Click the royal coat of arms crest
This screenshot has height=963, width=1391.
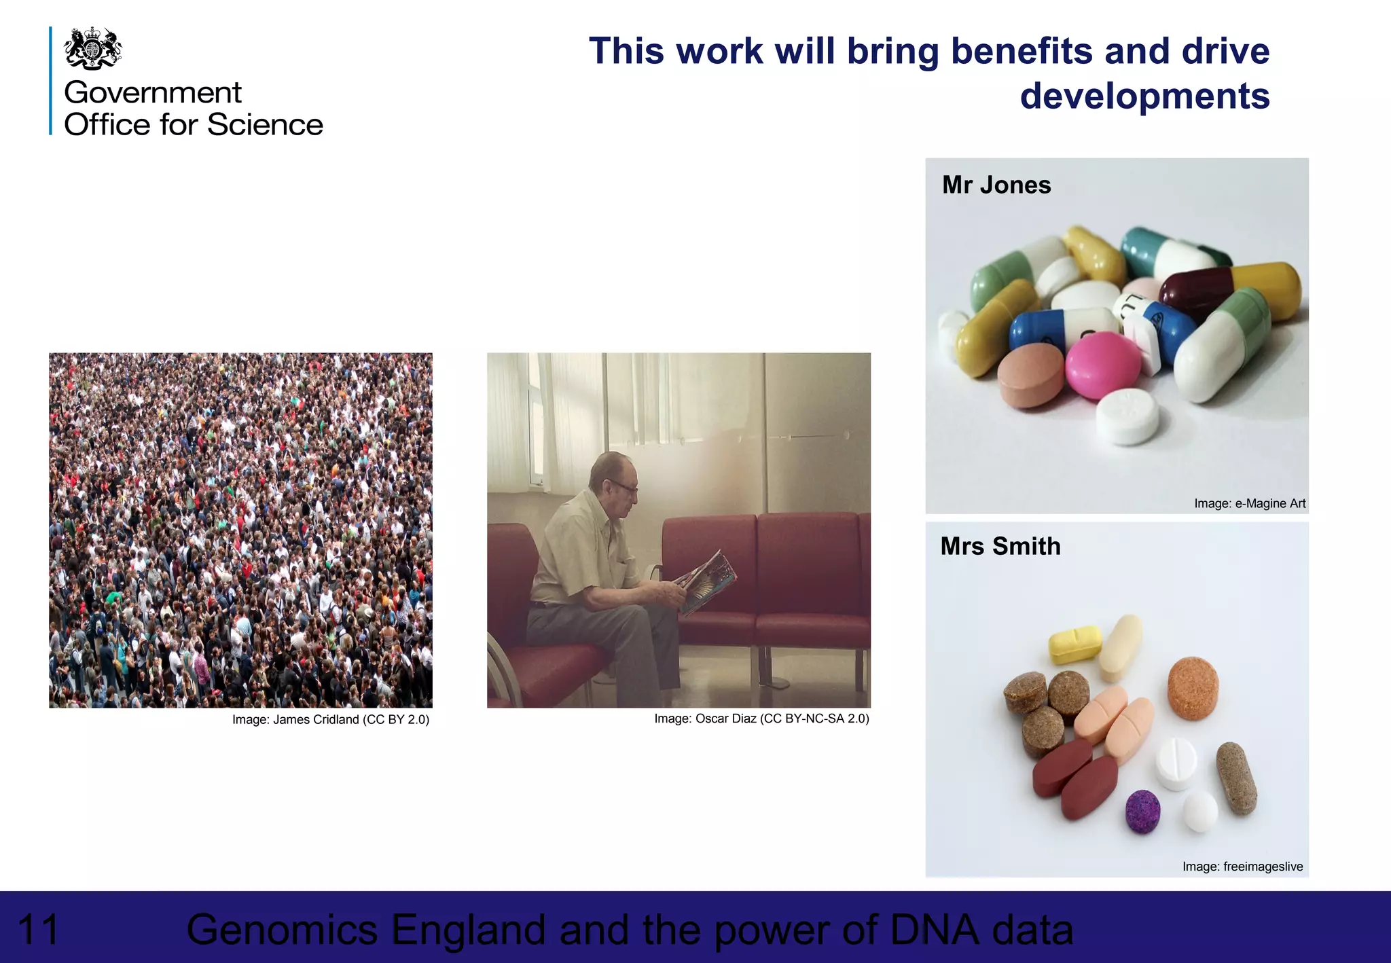[x=92, y=48]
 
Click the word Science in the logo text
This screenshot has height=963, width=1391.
[x=265, y=125]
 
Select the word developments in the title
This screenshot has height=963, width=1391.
[x=1144, y=96]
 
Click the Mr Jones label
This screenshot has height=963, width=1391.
[x=996, y=185]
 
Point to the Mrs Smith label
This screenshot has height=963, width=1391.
[x=1000, y=547]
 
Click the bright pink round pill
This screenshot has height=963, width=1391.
[x=1102, y=365]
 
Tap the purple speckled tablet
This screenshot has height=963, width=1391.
[x=1142, y=811]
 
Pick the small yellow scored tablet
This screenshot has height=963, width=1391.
[x=1075, y=644]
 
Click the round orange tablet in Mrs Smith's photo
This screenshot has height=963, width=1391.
[x=1193, y=687]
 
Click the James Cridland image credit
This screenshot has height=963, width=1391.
[x=331, y=720]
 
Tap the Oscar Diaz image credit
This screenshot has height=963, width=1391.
[x=761, y=719]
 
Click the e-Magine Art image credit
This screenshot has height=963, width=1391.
[x=1250, y=504]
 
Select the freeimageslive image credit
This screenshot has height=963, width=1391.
[x=1242, y=867]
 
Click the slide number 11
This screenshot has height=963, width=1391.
[x=39, y=930]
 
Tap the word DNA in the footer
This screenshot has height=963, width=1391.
[x=935, y=930]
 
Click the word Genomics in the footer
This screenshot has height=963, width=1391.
[x=282, y=930]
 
